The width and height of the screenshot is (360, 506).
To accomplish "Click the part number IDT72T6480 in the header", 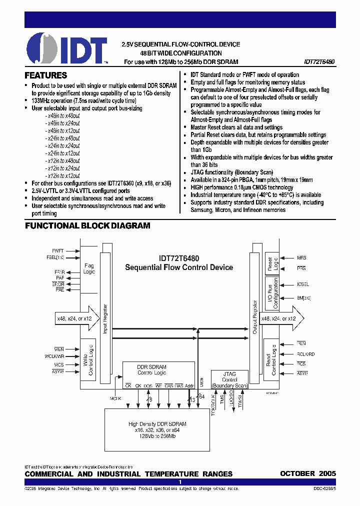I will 319,62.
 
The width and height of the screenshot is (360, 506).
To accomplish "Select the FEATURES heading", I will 46,75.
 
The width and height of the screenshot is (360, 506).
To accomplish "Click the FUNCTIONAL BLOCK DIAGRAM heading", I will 87,225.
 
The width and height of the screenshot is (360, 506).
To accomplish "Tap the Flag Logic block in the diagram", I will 89,269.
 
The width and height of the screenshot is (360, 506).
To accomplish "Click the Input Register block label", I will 105,318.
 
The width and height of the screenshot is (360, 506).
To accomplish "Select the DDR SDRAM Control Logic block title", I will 151,370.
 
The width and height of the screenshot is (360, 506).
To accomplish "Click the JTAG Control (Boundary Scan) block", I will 229,379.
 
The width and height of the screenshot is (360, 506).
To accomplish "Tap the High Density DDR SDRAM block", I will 157,429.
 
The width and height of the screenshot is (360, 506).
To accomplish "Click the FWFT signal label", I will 58,250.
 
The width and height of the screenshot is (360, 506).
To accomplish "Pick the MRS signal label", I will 301,258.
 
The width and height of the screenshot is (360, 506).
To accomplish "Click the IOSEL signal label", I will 302,284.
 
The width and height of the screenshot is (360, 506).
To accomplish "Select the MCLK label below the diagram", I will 115,398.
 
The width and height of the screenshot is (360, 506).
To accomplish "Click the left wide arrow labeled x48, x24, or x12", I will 74,318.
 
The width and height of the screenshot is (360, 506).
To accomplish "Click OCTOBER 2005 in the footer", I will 307,473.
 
